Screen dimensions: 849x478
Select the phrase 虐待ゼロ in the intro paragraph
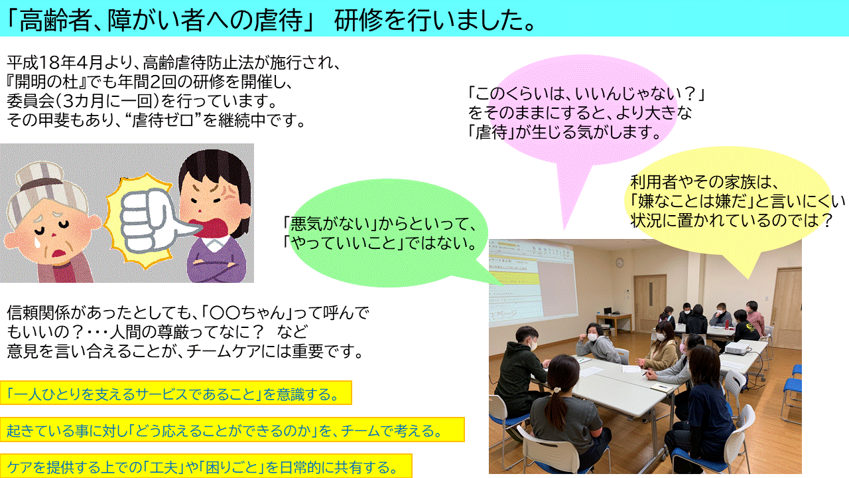(166, 120)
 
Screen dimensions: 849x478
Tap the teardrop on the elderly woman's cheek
(38, 243)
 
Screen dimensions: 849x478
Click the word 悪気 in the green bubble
(306, 224)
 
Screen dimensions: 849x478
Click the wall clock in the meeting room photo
(620, 262)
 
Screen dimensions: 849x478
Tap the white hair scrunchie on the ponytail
(556, 389)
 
